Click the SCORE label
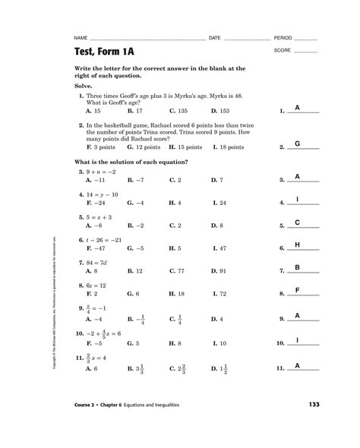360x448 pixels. (x=283, y=51)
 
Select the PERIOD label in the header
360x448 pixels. (x=283, y=37)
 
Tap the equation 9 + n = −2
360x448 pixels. (x=100, y=172)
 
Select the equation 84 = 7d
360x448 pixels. (x=98, y=262)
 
